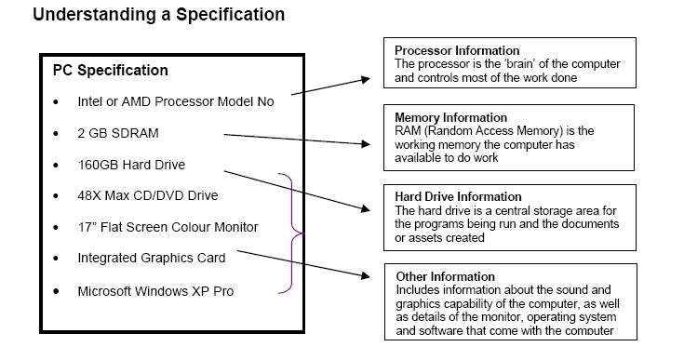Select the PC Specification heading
click(104, 71)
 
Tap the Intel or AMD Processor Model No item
click(176, 101)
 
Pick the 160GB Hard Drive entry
click(131, 165)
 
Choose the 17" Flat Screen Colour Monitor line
click(168, 227)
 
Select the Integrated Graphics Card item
click(152, 259)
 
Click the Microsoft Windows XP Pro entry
click(155, 290)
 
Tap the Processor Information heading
click(457, 50)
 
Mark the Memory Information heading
click(451, 118)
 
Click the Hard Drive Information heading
click(459, 197)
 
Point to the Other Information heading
click(446, 276)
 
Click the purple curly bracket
click(297, 233)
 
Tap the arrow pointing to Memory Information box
click(298, 140)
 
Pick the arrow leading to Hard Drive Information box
click(298, 191)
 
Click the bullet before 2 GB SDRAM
click(58, 134)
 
